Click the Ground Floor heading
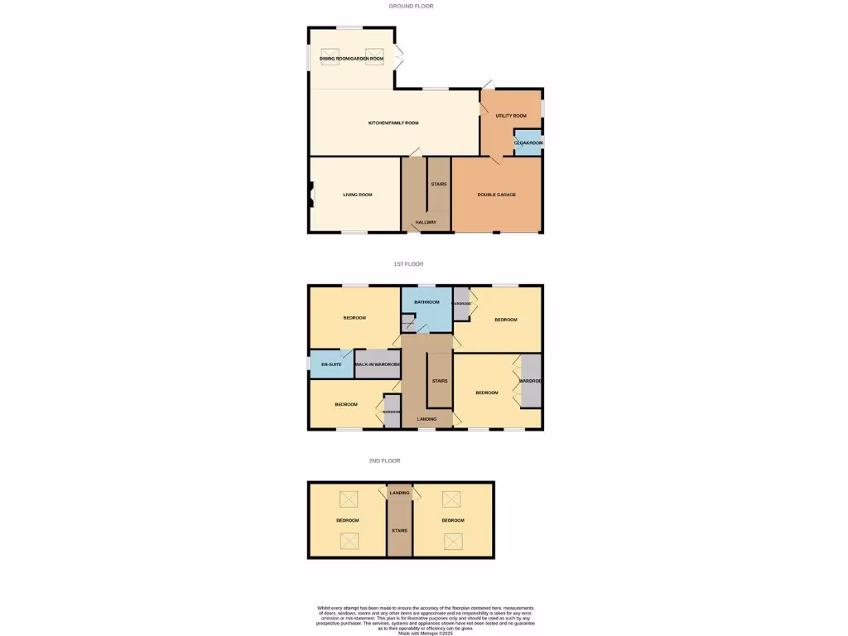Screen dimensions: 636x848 click(x=412, y=6)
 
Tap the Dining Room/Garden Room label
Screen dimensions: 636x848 click(x=351, y=59)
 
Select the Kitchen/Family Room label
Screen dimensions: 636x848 click(x=393, y=123)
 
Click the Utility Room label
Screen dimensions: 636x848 click(x=511, y=116)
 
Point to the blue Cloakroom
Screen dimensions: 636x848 click(x=528, y=143)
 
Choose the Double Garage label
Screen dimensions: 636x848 click(x=497, y=195)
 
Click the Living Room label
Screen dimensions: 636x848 click(x=358, y=195)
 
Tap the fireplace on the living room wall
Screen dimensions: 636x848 click(x=313, y=195)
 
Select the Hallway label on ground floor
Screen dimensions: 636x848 click(x=426, y=222)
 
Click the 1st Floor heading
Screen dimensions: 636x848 click(x=408, y=264)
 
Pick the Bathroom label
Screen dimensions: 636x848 click(x=427, y=302)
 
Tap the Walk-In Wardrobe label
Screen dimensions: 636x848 click(x=378, y=364)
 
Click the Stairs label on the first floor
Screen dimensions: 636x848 click(x=440, y=381)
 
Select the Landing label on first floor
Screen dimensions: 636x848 click(x=427, y=419)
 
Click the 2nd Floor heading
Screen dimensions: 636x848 click(x=384, y=460)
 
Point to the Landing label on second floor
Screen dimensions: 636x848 click(x=399, y=493)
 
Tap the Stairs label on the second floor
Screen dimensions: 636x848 click(x=399, y=530)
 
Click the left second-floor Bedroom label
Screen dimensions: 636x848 click(x=347, y=520)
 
